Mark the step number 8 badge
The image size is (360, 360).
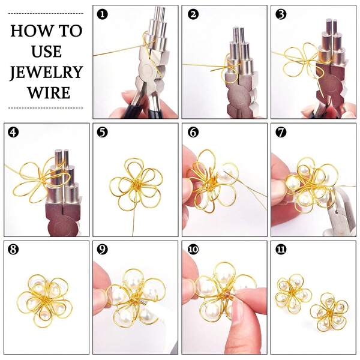[13, 250]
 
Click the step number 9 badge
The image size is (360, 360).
[102, 250]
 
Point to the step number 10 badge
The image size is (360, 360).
[191, 250]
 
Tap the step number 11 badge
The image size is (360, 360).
[280, 250]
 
